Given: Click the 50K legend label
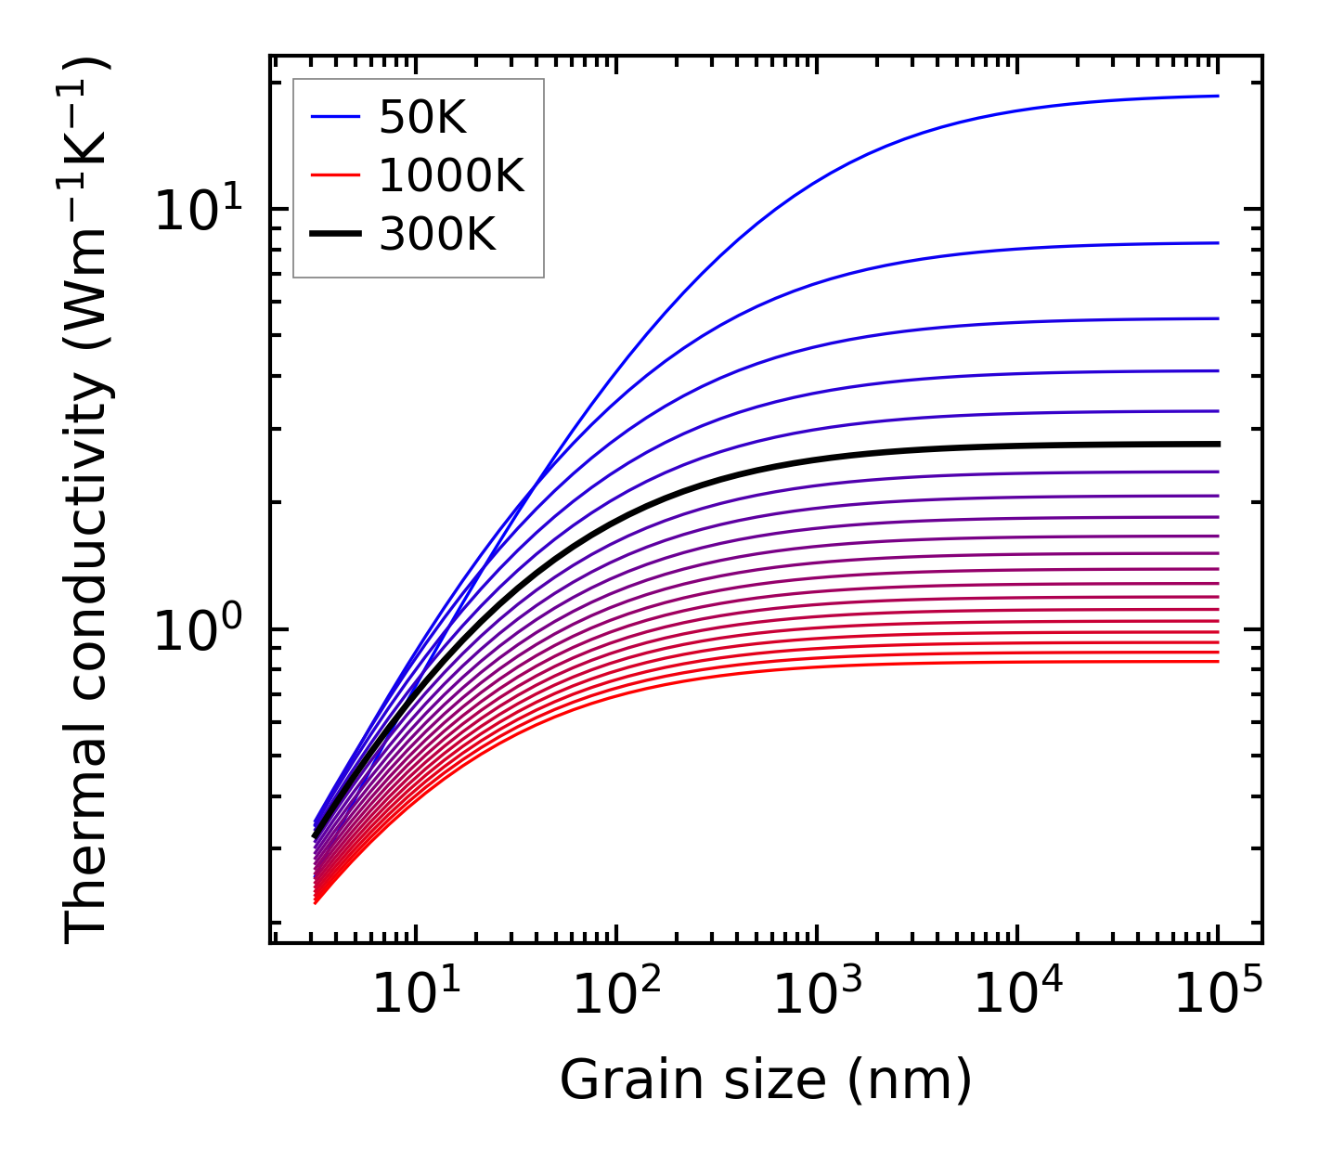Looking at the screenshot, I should click(x=421, y=117).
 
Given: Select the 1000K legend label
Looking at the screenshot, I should click(x=451, y=175).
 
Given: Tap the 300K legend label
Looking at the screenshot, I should click(x=437, y=235).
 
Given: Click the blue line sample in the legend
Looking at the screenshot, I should click(x=335, y=117).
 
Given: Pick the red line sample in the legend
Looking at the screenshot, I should click(x=335, y=175).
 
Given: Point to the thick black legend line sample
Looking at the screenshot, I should click(x=335, y=235).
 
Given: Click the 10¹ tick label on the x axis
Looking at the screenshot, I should click(x=415, y=994).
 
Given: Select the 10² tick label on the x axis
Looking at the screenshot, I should click(x=615, y=994).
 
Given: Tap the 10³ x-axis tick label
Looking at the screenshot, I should click(x=816, y=994).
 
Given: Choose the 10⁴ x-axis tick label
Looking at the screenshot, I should click(x=1016, y=994).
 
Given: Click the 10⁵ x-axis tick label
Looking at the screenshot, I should click(x=1217, y=994).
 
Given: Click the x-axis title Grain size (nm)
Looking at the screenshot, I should click(x=766, y=1080).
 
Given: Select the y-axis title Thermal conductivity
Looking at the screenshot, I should click(x=87, y=501).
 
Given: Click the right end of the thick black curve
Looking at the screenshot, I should click(x=1217, y=444).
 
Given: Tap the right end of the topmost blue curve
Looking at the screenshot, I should click(x=1217, y=96).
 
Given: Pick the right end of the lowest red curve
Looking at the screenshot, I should click(x=1217, y=661).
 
